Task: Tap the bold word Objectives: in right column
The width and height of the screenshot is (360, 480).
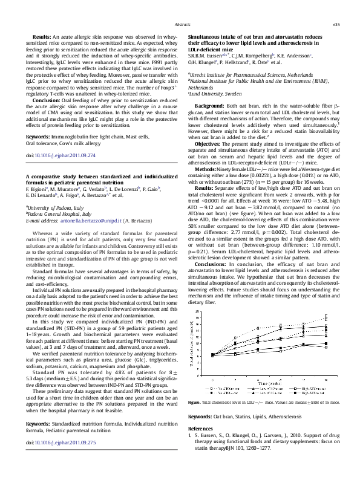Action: pyautogui.click(x=208, y=144)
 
